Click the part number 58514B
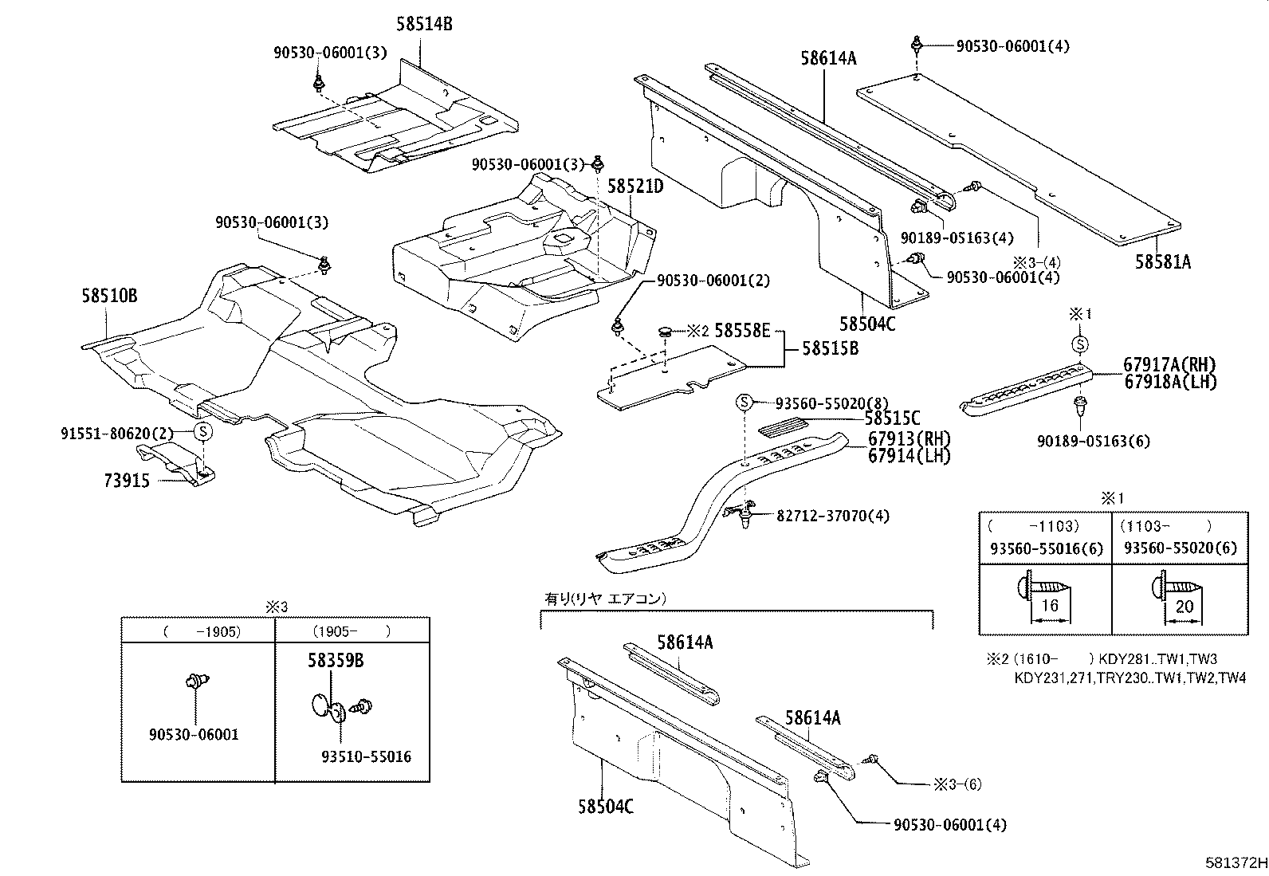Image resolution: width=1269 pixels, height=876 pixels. coord(424,25)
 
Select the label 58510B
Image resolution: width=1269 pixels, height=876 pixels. coord(109,296)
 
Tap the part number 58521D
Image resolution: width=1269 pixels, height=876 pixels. coord(635,187)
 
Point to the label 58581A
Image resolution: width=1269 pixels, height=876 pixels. coord(1163,261)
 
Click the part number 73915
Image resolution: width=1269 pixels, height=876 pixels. coord(127,481)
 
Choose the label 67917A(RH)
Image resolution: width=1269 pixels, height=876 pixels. coord(1170,365)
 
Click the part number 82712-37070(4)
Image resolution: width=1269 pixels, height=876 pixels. coord(833,516)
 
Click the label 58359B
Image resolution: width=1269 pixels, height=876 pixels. coord(336,660)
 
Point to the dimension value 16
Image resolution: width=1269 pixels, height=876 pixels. coord(1050,606)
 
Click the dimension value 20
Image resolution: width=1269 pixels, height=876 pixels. coord(1185,606)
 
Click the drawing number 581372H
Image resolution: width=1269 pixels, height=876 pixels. coord(1236,862)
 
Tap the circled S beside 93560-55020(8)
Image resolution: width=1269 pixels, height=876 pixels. coord(743,403)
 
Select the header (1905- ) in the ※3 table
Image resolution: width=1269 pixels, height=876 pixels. coord(352,631)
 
